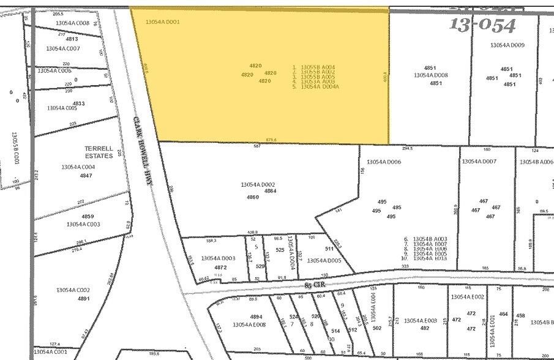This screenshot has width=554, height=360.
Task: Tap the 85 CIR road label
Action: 316,285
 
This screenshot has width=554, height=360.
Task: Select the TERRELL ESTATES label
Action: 99,152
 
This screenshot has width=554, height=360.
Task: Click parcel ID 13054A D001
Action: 162,22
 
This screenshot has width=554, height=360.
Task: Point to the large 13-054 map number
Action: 483,25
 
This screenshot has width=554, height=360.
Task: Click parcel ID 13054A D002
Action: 258,184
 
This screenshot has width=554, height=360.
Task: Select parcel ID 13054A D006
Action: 384,162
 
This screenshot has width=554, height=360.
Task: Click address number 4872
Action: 220,268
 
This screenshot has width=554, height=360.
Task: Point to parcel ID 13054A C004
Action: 78,167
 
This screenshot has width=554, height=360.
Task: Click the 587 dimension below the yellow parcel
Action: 257,146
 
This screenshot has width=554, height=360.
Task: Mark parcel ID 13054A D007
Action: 479,162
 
